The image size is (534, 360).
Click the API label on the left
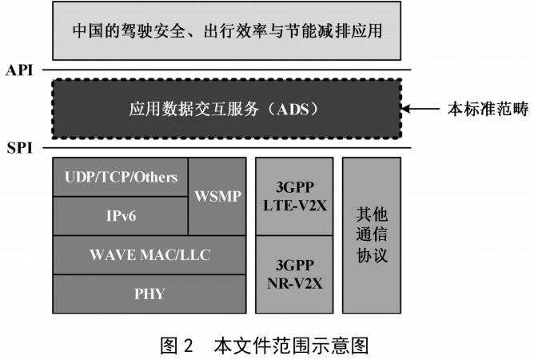pyautogui.click(x=19, y=70)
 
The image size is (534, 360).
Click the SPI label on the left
pyautogui.click(x=19, y=149)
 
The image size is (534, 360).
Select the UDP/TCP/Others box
pyautogui.click(x=121, y=177)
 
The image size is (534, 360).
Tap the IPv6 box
pyautogui.click(x=121, y=215)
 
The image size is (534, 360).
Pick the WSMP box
pyautogui.click(x=217, y=196)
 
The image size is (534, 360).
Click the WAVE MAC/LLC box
pyautogui.click(x=149, y=255)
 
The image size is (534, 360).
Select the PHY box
pyautogui.click(x=149, y=294)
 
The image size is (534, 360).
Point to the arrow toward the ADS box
pyautogui.click(x=419, y=109)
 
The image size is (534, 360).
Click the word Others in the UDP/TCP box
pyautogui.click(x=157, y=177)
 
